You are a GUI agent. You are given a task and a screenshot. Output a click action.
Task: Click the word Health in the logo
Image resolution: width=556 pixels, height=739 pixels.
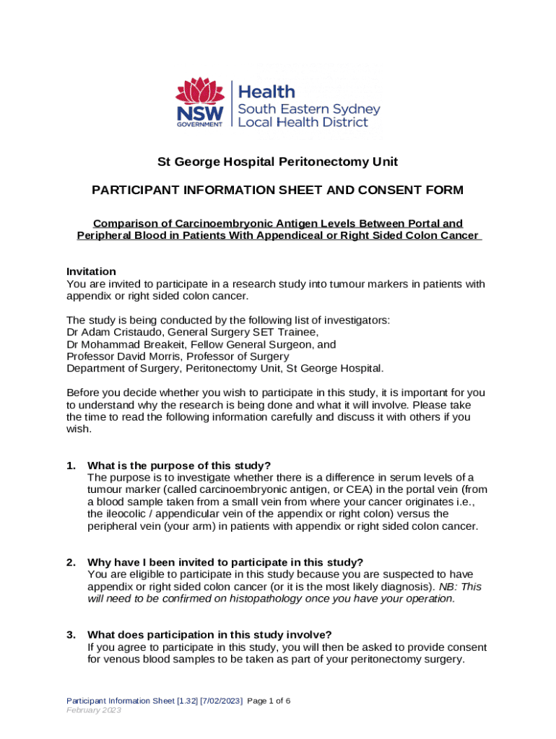[x=266, y=92]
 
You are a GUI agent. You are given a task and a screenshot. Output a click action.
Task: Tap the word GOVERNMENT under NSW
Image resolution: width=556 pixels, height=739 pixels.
[x=200, y=124]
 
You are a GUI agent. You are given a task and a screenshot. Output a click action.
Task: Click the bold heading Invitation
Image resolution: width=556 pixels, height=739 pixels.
[x=91, y=271]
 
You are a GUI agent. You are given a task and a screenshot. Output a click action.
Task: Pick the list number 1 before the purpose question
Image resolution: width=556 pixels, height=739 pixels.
[x=70, y=465]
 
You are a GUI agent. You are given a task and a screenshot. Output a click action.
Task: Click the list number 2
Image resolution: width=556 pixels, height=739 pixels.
[x=70, y=562]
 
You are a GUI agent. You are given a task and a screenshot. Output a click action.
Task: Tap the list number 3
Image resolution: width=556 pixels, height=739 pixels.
[x=70, y=634]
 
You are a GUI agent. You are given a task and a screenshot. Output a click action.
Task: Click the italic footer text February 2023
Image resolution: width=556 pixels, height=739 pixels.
[x=94, y=710]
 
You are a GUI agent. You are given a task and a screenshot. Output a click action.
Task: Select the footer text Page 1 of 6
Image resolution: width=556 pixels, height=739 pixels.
[x=269, y=701]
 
